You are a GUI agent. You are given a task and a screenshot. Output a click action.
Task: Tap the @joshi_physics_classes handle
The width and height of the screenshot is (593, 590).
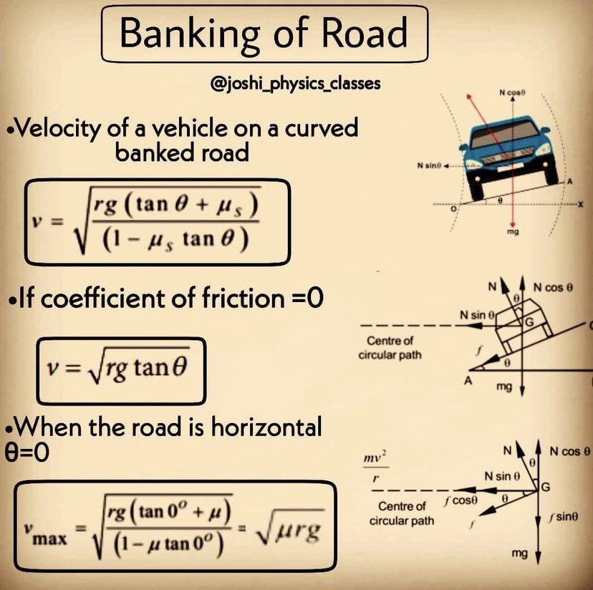pyautogui.click(x=295, y=84)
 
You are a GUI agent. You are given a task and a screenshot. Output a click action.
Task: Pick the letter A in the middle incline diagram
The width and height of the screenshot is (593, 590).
pyautogui.click(x=466, y=382)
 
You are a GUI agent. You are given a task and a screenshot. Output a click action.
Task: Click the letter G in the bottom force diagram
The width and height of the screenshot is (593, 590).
pyautogui.click(x=545, y=488)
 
